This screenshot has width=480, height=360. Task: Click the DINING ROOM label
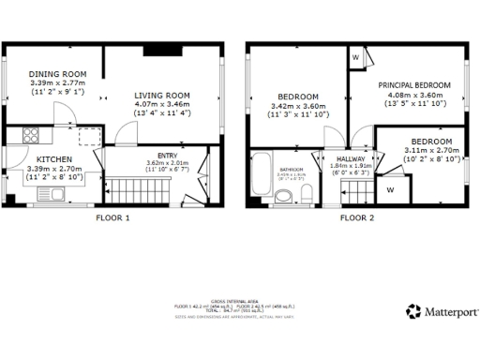(x=57, y=74)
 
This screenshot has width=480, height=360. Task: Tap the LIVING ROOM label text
(x=162, y=96)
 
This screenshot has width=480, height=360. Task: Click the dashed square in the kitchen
(x=89, y=137)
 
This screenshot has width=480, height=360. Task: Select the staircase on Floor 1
(x=137, y=191)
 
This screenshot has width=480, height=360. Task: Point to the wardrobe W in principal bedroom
(x=356, y=57)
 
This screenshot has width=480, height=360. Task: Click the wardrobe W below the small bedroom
(x=389, y=188)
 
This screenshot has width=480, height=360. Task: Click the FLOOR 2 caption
(x=356, y=217)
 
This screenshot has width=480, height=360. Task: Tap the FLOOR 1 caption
(x=113, y=217)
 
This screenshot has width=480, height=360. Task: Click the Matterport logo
(x=442, y=311)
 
